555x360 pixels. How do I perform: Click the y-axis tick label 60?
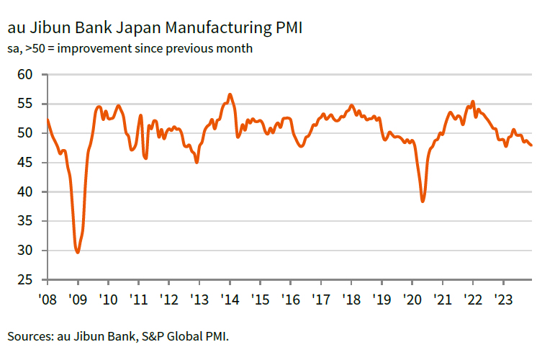[x=25, y=74]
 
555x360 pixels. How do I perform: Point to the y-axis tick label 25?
[x=25, y=279]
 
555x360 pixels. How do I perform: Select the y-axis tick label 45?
[x=25, y=162]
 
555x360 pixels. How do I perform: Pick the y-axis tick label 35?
[x=25, y=221]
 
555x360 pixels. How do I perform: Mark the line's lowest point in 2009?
[x=77, y=252]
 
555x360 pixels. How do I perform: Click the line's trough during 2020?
[x=423, y=202]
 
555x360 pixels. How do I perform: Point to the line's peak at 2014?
[x=230, y=94]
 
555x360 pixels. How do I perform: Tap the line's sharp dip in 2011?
[x=146, y=158]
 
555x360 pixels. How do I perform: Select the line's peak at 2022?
[x=472, y=102]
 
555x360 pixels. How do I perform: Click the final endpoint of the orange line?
[x=532, y=145]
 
